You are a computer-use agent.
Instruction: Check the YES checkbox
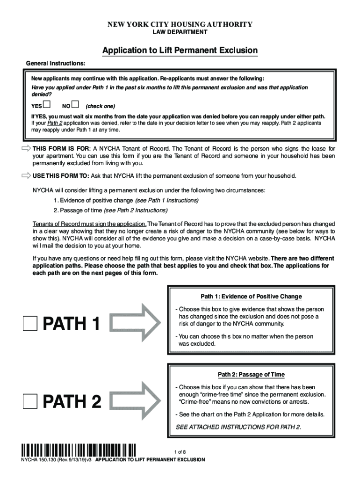coord(47,104)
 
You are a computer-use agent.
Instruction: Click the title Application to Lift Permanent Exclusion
coord(180,50)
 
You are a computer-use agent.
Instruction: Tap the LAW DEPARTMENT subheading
coord(180,32)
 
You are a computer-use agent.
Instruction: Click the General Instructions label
coord(55,63)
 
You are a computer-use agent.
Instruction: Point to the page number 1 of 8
coord(180,452)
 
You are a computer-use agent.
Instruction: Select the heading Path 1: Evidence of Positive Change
coord(251,297)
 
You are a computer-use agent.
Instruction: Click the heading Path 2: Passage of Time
coord(251,375)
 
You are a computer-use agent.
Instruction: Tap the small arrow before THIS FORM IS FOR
coord(26,148)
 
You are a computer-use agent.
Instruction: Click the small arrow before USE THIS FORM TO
coord(26,176)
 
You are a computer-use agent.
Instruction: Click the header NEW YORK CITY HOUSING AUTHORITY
coord(180,24)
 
